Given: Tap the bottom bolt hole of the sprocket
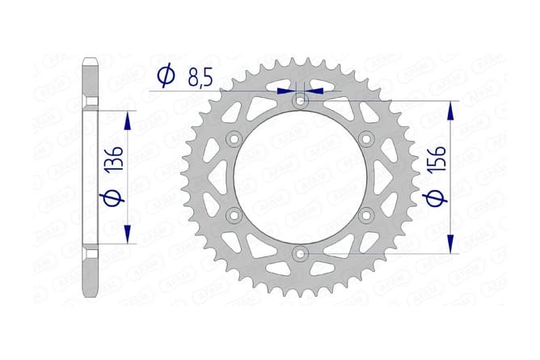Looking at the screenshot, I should tap(300, 253).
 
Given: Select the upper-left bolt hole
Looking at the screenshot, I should tap(234, 140).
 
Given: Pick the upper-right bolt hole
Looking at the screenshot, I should tap(365, 140).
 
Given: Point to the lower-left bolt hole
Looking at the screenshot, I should tap(234, 215).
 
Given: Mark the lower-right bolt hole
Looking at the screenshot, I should tap(365, 215).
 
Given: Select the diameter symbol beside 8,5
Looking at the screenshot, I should tap(165, 76).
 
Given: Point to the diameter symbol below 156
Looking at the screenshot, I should tap(430, 199).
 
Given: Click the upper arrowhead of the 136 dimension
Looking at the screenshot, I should tap(126, 119).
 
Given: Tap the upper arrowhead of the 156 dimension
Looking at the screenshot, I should tap(451, 110).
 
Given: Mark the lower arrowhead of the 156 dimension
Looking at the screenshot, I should tap(451, 245).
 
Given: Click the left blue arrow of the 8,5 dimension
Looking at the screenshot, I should tap(285, 91).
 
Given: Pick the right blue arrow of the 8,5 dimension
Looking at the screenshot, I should tap(314, 91).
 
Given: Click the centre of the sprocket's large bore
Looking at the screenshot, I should tap(300, 178).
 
